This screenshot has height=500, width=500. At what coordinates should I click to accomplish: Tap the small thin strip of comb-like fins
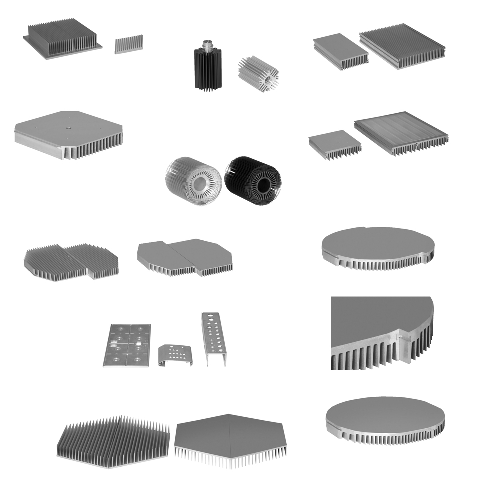point(129,44)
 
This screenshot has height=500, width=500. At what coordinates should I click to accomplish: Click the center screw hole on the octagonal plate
point(67,127)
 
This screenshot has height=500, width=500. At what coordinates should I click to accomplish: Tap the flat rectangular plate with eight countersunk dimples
point(127,345)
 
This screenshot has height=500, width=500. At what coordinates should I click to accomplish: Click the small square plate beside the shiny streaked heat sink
point(334,143)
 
